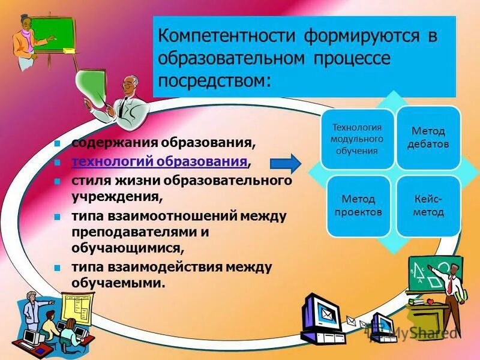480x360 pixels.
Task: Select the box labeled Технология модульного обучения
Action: [357, 139]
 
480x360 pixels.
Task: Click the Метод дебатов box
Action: [428, 137]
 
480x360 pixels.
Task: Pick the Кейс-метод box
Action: [428, 205]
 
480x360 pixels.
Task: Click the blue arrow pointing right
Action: [285, 163]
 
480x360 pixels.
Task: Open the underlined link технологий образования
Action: [160, 161]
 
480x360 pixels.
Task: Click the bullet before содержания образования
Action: [58, 144]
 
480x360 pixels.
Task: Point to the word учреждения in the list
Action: [115, 196]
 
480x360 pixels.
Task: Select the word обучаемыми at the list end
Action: [117, 281]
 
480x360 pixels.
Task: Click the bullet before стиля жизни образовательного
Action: [58, 181]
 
